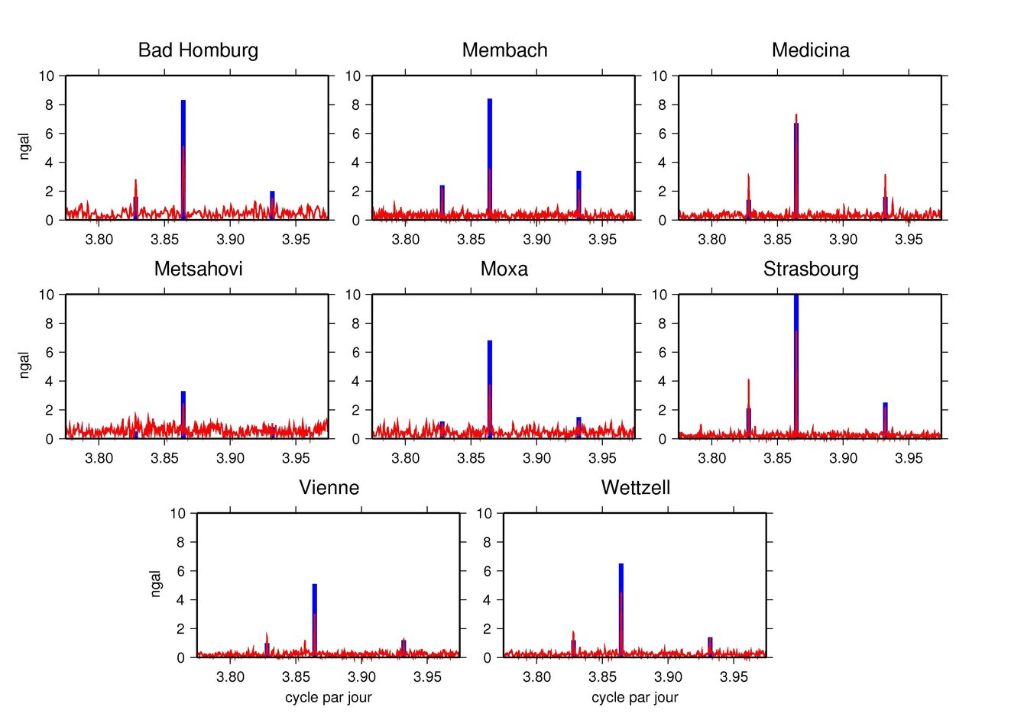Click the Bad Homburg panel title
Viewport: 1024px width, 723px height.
[198, 50]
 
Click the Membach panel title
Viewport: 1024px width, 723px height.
[504, 50]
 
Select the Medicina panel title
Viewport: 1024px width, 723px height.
[810, 50]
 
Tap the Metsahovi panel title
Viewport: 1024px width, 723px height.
[198, 270]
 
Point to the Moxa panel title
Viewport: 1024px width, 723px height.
[504, 270]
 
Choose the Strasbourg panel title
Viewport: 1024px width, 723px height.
[810, 270]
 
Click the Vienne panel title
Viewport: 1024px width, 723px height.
[329, 488]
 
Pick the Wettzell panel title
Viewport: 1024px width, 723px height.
[635, 488]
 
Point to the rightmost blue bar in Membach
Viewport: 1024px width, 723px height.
[578, 195]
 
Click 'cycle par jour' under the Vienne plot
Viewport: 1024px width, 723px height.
[329, 697]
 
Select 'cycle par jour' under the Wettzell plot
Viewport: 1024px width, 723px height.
[635, 697]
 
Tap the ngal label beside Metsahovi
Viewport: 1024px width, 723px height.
[24, 366]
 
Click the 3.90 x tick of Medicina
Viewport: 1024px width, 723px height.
[843, 240]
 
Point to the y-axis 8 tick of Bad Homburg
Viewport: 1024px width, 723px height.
[50, 105]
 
